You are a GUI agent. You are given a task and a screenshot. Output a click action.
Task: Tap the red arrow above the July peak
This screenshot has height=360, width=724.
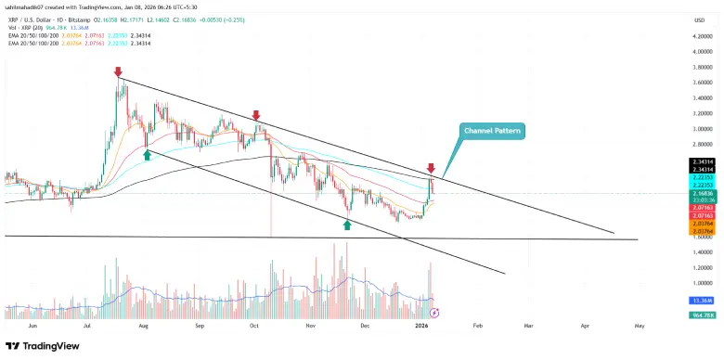(x=118, y=71)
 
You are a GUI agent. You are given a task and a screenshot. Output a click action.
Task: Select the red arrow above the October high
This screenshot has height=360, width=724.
(x=256, y=116)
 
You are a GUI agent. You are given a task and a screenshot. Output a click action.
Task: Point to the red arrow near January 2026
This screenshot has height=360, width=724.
(x=431, y=168)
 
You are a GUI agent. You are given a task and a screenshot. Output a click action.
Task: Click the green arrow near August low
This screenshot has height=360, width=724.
(x=147, y=154)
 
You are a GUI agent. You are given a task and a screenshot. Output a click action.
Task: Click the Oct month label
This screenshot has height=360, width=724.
(x=253, y=327)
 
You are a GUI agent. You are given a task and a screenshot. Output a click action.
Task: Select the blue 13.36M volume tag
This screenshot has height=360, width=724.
(x=701, y=302)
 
